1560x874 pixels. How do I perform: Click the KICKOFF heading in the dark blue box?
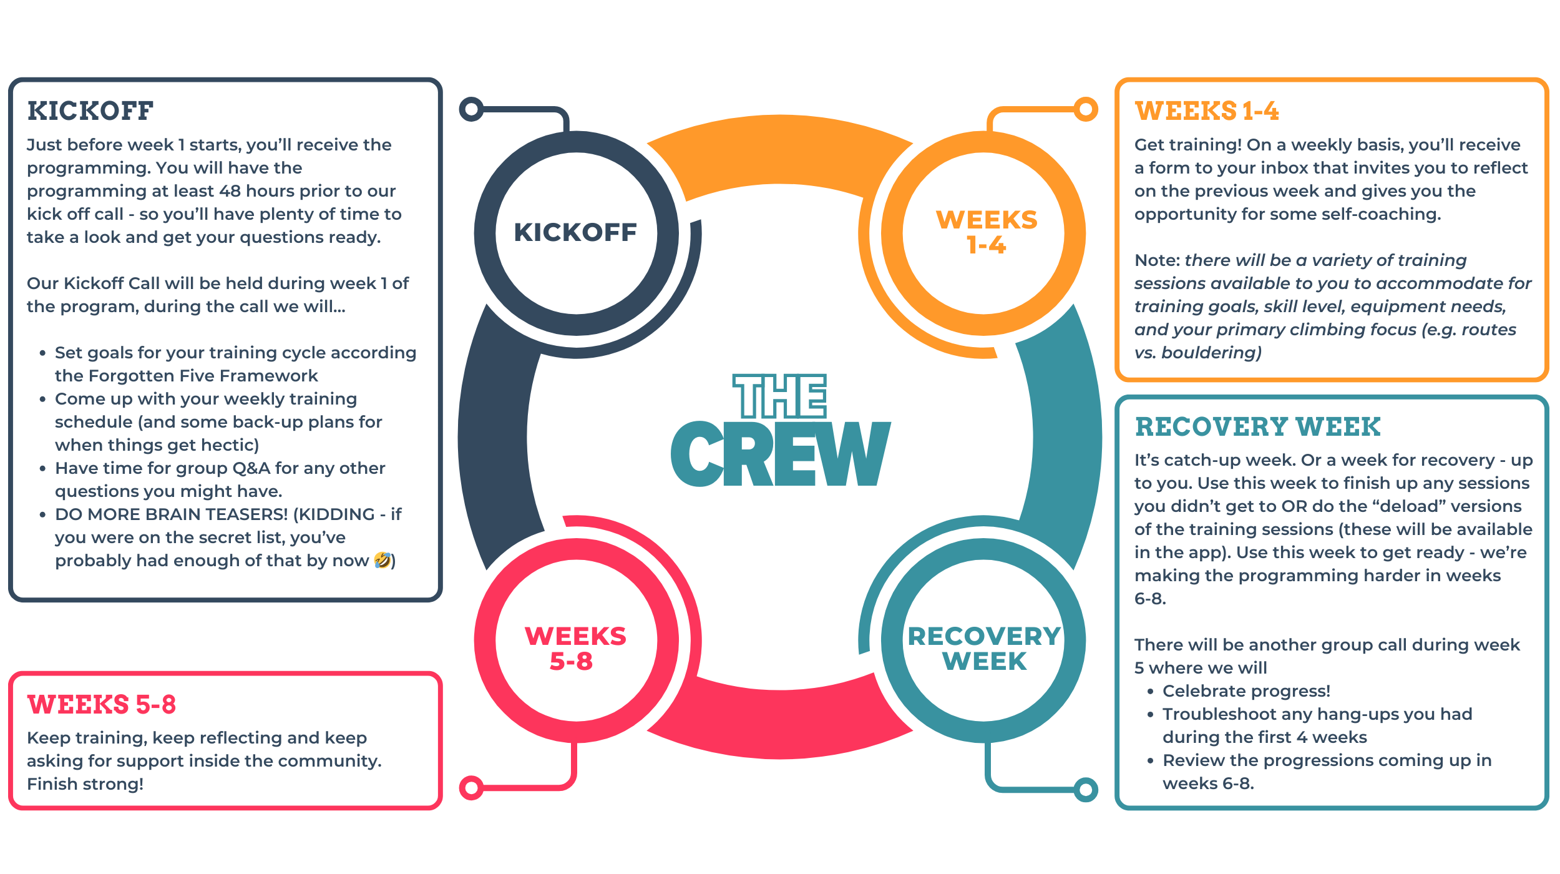[90, 111]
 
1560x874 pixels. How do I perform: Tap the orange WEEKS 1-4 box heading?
[1206, 111]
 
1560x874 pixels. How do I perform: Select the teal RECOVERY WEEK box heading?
[1257, 427]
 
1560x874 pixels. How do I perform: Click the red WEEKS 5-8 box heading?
[102, 705]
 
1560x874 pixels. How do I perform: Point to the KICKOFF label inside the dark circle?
[575, 233]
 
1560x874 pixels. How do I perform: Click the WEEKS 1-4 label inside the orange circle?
[987, 232]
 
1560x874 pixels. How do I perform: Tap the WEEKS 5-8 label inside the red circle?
[575, 649]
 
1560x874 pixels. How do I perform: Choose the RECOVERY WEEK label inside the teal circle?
[984, 649]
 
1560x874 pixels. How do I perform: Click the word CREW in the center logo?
[780, 454]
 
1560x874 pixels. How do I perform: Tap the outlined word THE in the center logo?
[780, 396]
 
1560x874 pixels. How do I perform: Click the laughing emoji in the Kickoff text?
[383, 560]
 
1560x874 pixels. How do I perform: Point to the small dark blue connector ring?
[472, 109]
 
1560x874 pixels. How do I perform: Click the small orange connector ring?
[1086, 109]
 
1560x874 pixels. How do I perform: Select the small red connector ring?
[471, 787]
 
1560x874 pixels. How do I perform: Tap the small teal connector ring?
[1086, 790]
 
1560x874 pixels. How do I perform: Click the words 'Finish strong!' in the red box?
[85, 784]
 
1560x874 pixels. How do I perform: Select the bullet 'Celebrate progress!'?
[1246, 691]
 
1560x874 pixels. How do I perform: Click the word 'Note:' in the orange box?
[1157, 260]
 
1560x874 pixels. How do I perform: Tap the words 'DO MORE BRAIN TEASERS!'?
[172, 514]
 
